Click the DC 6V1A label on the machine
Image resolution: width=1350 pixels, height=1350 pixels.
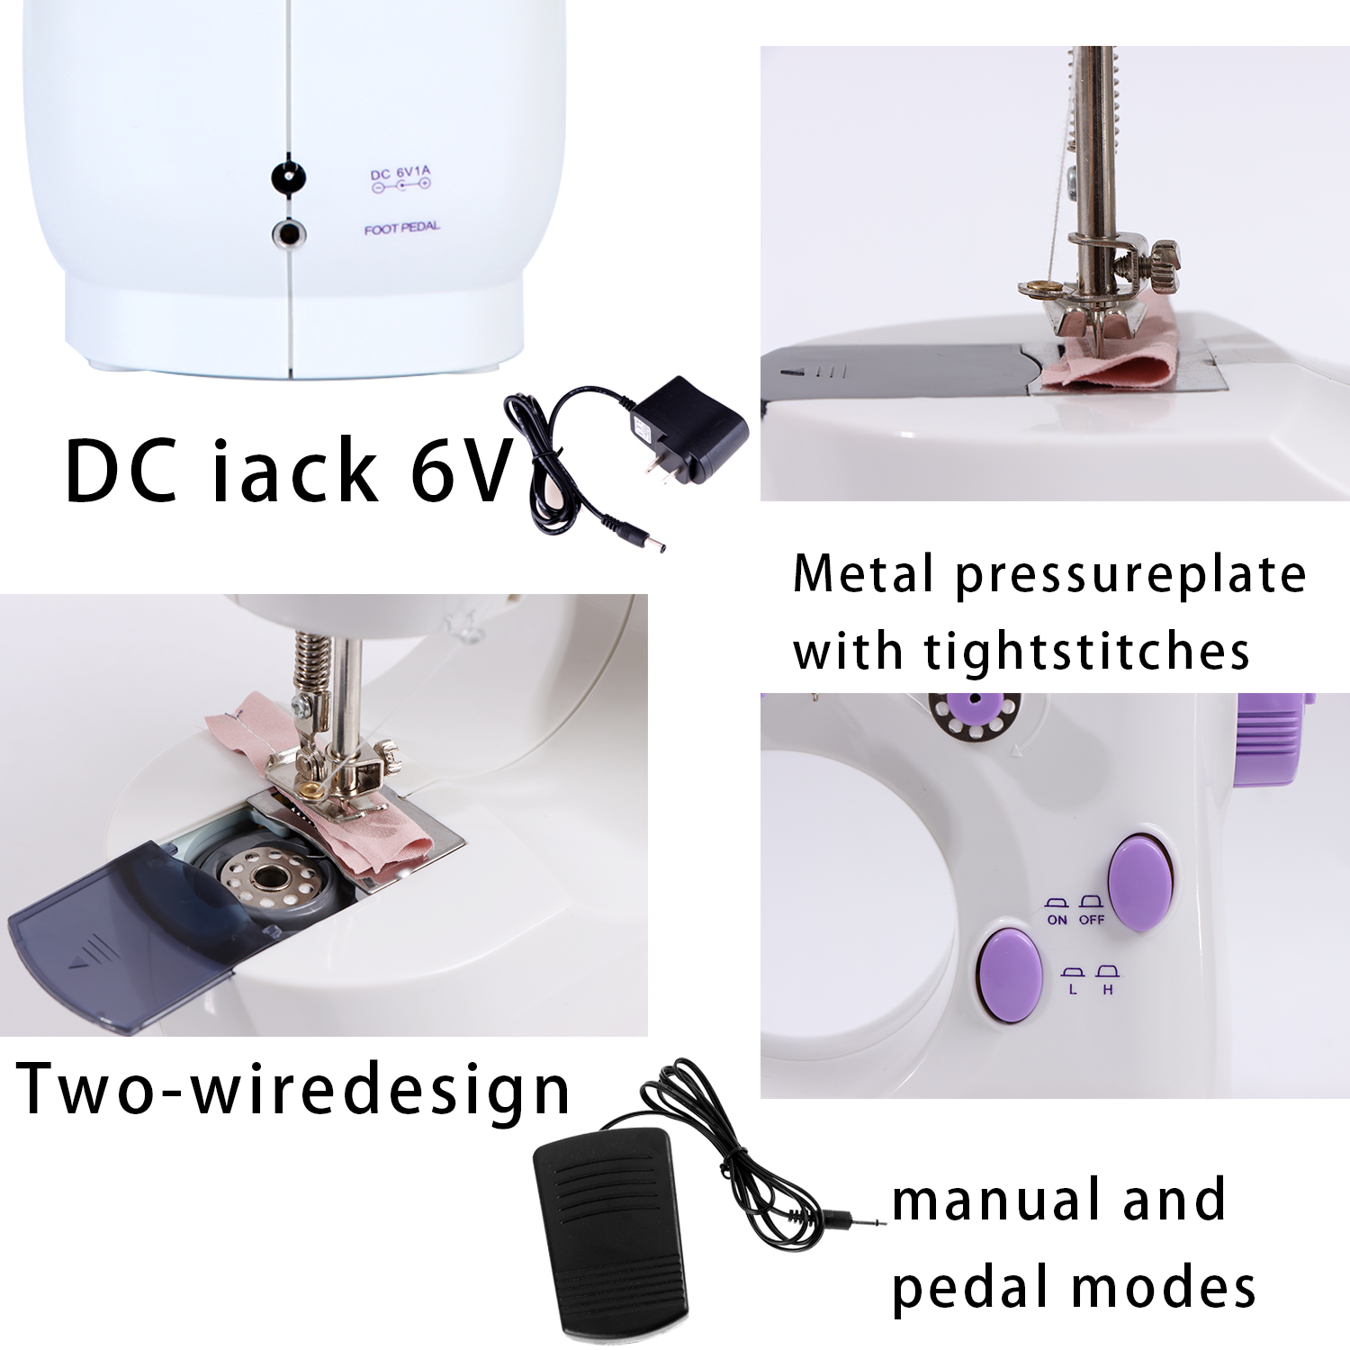pos(400,174)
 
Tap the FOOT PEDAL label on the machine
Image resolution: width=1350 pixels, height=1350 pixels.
pos(402,229)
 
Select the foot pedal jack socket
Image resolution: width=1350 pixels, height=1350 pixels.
pos(289,235)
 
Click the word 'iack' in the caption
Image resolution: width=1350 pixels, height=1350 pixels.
pos(294,471)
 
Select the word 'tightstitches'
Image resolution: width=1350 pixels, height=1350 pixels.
pos(1087,652)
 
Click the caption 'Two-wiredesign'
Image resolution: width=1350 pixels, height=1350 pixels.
pos(293,1089)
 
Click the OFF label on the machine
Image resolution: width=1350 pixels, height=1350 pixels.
pos(1091,920)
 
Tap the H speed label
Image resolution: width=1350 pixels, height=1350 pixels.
pos(1108,990)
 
